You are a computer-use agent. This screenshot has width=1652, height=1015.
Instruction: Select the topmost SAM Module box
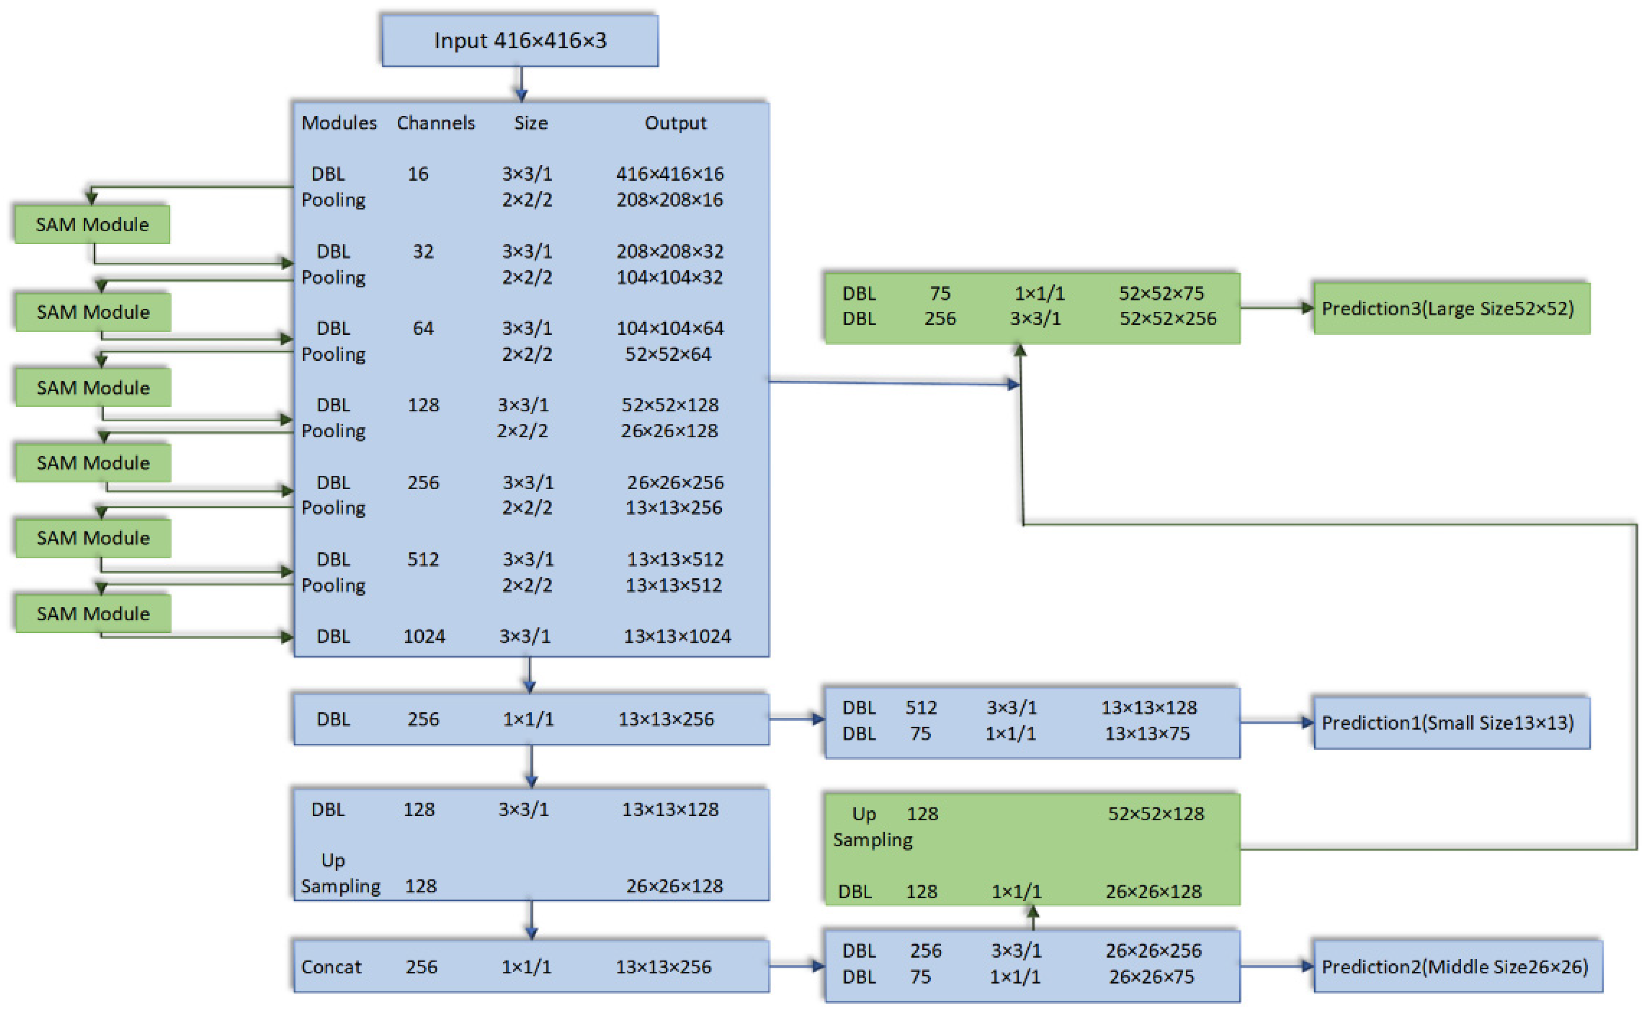[92, 224]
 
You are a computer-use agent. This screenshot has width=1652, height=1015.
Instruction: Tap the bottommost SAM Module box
[93, 613]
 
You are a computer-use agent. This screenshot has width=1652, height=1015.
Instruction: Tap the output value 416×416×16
[670, 174]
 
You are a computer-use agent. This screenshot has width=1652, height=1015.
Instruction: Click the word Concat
[330, 967]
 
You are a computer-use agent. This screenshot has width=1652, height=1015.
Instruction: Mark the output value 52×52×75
[1161, 294]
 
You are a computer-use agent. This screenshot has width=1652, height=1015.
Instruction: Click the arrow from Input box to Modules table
[521, 85]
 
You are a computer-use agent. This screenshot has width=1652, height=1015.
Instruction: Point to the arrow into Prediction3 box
[1276, 308]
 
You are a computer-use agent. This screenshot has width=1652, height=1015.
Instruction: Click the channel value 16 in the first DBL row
[418, 174]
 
